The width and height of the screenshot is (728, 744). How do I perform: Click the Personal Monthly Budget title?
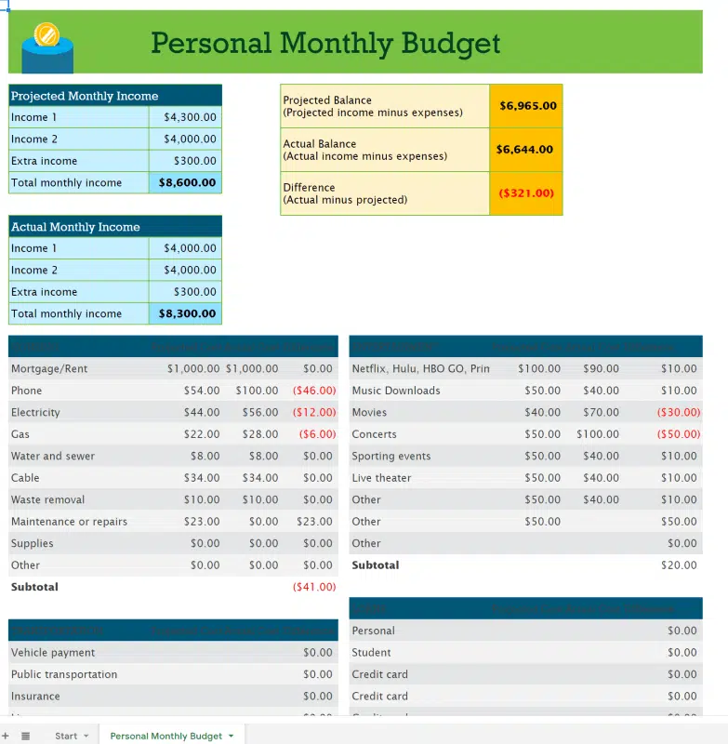tap(325, 43)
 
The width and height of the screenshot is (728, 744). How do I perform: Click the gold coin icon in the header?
tap(46, 36)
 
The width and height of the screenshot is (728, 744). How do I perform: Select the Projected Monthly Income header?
tap(85, 96)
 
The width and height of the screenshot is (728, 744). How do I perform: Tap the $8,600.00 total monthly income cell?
tap(187, 183)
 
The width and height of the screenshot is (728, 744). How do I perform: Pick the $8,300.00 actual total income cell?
tap(187, 314)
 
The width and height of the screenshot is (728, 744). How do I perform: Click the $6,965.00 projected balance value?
tap(527, 106)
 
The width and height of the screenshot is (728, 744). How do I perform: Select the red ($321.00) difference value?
tap(525, 193)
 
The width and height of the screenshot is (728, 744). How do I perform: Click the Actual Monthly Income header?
tap(75, 227)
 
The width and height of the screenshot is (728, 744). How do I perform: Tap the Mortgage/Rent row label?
tap(49, 369)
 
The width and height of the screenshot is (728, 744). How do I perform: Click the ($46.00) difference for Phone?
tap(313, 391)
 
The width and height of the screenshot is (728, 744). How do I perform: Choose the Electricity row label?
tap(35, 413)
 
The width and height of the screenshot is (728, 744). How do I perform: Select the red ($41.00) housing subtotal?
tap(313, 587)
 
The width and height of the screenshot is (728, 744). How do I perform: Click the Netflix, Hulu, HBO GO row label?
tap(420, 369)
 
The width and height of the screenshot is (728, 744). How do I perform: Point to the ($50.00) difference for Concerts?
tap(678, 434)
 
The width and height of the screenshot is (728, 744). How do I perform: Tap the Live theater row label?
tap(381, 478)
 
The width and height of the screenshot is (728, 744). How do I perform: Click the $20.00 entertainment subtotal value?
tap(679, 565)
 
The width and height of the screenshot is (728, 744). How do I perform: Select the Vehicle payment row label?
tap(53, 653)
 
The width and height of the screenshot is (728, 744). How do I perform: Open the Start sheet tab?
tap(66, 736)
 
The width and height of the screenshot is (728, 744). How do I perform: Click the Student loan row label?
tap(371, 653)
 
